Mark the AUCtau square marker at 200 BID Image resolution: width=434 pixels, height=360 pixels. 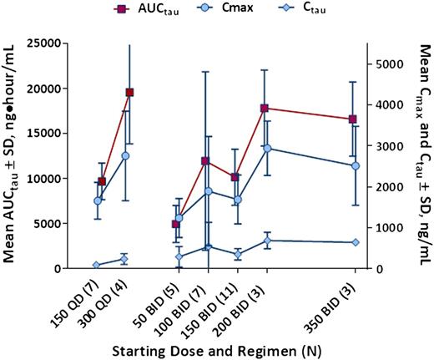(x=265, y=108)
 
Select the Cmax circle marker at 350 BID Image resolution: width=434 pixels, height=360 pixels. (x=356, y=165)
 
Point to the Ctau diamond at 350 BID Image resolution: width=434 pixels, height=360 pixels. (x=356, y=242)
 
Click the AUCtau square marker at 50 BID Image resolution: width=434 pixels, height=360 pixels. (x=176, y=224)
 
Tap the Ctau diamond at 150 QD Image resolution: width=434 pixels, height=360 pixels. (x=97, y=265)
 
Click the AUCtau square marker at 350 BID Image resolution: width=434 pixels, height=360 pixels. (x=354, y=119)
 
